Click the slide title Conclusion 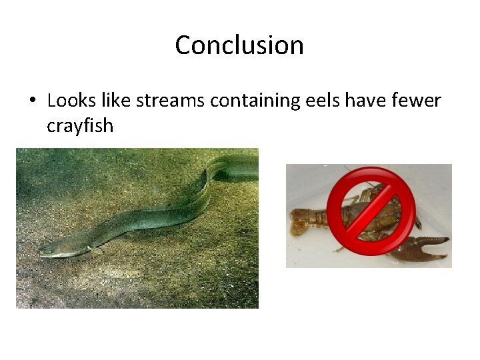239,45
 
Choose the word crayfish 80,125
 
